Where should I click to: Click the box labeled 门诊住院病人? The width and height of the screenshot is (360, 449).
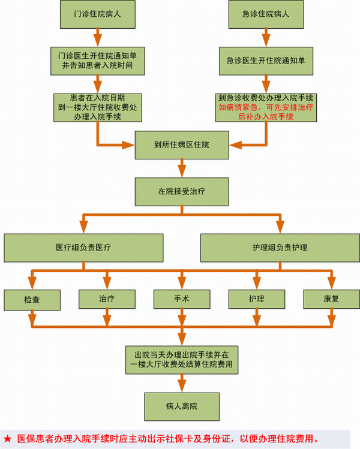97,14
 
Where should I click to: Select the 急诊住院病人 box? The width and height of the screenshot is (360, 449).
264,14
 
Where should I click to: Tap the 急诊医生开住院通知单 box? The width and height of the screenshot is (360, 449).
264,60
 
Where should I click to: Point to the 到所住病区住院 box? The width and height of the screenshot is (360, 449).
181,144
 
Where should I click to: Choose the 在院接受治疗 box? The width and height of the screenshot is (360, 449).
181,192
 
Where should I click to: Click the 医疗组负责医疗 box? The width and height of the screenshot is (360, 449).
83,247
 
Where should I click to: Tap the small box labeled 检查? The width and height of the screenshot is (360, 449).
32,299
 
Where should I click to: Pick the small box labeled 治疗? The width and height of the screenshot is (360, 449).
107,299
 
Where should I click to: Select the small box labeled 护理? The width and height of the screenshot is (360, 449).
256,299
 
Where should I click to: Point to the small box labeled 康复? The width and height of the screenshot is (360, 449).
331,299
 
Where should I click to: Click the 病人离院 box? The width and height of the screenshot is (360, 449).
181,406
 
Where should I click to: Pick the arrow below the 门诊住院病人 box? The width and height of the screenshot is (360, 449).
97,37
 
